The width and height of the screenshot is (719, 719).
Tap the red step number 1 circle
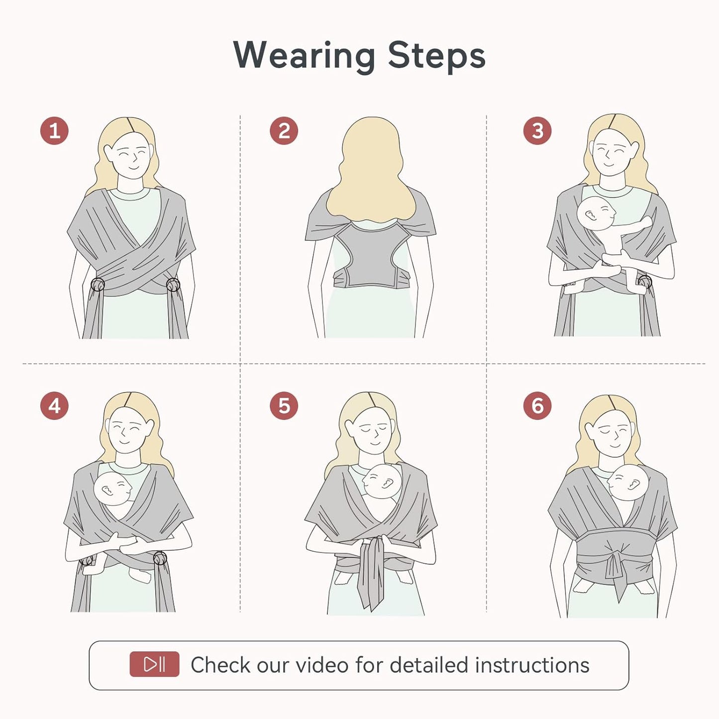(54, 131)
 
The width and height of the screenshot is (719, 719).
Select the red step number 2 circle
(284, 131)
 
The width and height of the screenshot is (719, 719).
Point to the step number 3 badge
(537, 131)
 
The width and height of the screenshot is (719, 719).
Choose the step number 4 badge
(54, 406)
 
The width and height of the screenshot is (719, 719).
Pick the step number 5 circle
(284, 406)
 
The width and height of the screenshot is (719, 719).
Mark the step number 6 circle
(537, 406)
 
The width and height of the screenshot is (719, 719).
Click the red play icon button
(154, 664)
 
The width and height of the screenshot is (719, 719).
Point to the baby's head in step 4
(113, 489)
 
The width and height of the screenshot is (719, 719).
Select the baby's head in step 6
(627, 483)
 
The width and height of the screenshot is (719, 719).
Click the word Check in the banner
(220, 665)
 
